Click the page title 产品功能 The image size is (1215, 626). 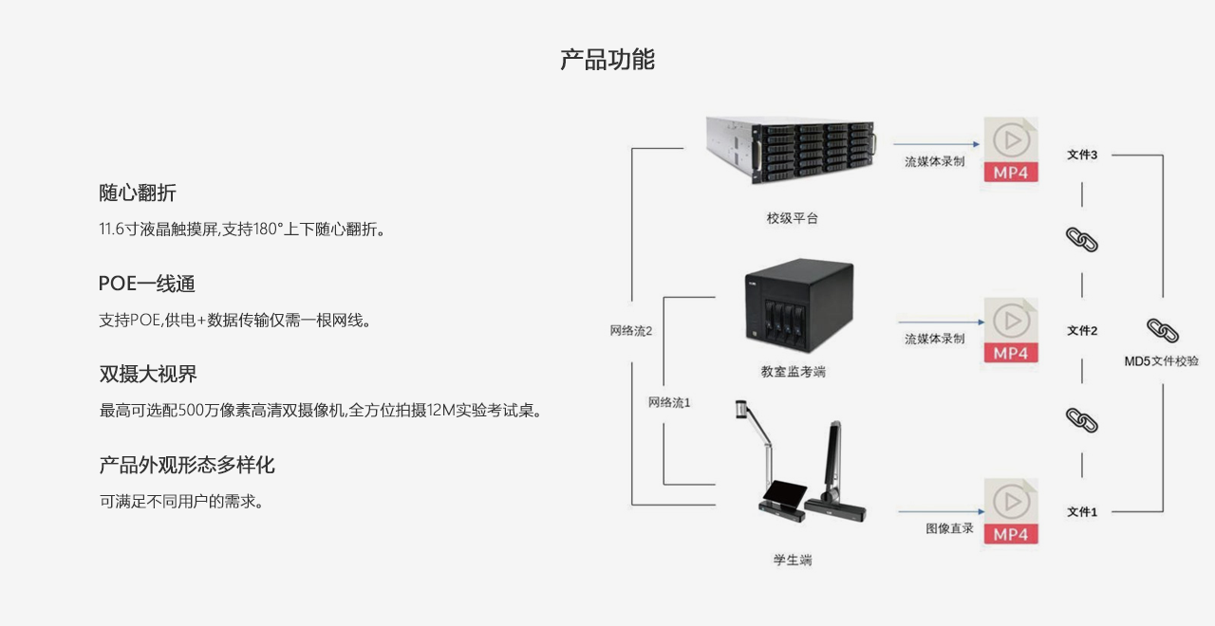(607, 60)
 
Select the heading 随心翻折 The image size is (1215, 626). (138, 193)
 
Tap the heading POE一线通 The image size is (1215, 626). (147, 284)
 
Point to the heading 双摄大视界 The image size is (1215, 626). (148, 374)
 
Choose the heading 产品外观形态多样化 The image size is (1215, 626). (187, 465)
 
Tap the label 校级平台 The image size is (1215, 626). (792, 218)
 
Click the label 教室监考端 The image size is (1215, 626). (793, 372)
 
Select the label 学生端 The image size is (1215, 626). (792, 560)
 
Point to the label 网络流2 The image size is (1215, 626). (631, 331)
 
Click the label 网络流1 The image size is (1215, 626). (669, 402)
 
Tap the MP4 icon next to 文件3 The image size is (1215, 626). (1011, 152)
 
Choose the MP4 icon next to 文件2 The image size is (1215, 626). (1011, 331)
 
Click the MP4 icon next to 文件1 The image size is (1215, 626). (1011, 512)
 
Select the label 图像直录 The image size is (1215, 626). (949, 528)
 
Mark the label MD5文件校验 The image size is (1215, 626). (1161, 361)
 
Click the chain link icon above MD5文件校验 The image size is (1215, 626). (1162, 330)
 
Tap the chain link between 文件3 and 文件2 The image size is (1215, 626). (1082, 239)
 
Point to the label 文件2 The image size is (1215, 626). (1082, 330)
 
